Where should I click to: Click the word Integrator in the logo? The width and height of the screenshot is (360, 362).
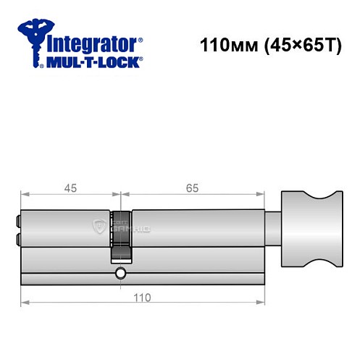pyautogui.click(x=92, y=43)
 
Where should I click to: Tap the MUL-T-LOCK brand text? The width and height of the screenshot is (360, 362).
pyautogui.click(x=94, y=63)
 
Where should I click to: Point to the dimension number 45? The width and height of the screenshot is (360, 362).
pyautogui.click(x=70, y=188)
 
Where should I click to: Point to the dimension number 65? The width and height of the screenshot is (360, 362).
pyautogui.click(x=192, y=188)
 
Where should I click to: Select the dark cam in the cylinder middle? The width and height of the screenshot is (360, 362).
pyautogui.click(x=120, y=233)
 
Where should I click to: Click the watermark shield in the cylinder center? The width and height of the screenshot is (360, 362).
pyautogui.click(x=99, y=226)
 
